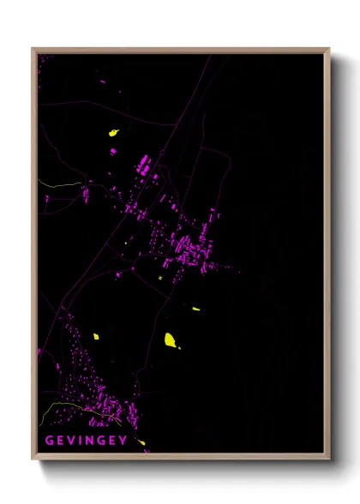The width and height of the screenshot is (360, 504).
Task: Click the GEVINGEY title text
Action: coord(86,441)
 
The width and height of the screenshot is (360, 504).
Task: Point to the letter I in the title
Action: coord(82,441)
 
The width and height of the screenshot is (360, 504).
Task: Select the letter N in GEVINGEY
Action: coord(93,441)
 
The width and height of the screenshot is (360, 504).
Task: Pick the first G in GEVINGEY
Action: coord(49,441)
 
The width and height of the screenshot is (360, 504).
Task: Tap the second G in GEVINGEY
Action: coord(104,441)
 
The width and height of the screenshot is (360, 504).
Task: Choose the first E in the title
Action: coord(60,441)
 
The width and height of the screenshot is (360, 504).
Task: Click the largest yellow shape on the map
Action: coord(171,340)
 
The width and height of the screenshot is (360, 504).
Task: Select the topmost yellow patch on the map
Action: coord(112,133)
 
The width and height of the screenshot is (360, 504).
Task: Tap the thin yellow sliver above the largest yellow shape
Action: coord(195,309)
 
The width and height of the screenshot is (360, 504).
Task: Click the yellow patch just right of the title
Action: coord(141,443)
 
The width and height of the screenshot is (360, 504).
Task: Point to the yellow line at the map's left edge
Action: coord(56,184)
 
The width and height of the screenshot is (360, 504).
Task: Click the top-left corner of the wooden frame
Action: coord(33,49)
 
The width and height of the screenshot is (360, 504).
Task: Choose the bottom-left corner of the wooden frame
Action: coord(33,459)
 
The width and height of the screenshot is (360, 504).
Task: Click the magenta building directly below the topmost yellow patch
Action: coord(113,151)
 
